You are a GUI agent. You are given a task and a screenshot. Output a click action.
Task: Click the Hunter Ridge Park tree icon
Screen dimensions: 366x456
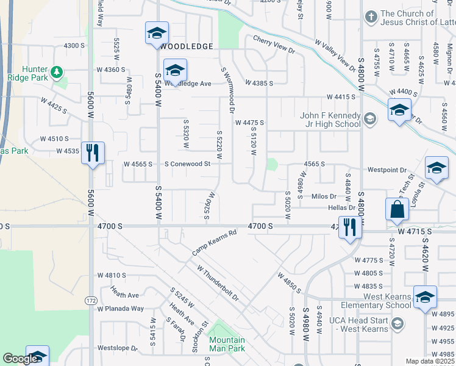click(x=57, y=73)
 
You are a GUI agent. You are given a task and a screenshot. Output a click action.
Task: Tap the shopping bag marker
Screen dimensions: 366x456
click(x=397, y=209)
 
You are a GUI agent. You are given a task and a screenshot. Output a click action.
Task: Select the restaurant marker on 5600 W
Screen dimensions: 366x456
click(x=93, y=153)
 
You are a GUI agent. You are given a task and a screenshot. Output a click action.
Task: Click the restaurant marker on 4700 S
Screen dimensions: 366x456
click(x=350, y=228)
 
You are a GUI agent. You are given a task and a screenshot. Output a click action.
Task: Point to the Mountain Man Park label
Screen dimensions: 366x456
click(x=227, y=344)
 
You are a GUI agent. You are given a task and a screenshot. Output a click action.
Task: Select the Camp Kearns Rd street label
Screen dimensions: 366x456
click(x=214, y=242)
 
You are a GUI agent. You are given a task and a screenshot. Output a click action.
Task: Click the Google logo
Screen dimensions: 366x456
click(x=21, y=359)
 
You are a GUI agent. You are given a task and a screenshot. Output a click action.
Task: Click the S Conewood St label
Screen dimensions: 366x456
click(x=187, y=163)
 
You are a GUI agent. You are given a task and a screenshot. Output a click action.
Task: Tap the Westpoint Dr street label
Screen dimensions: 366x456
click(x=386, y=170)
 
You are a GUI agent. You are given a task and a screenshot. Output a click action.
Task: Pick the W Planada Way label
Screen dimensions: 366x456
click(x=121, y=309)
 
